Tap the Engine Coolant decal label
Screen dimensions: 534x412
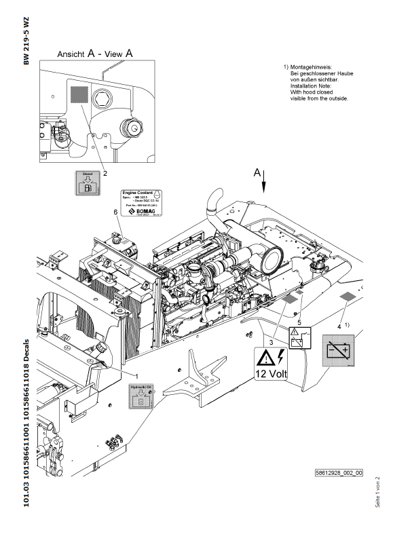coord(139,204)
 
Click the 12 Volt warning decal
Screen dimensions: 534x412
coord(271,364)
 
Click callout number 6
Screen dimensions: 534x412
coord(116,213)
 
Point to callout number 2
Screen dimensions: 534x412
coord(105,173)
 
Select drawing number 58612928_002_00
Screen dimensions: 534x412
coord(339,472)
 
